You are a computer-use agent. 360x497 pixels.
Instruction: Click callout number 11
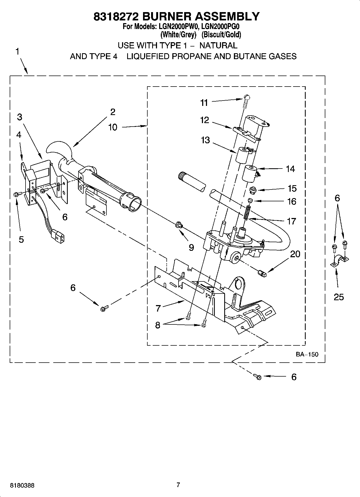pos(204,103)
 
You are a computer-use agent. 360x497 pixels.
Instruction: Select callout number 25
pos(338,297)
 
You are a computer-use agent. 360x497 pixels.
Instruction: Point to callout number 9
pos(191,247)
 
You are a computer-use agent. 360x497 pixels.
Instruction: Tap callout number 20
pos(295,254)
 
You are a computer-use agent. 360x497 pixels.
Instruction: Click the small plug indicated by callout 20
pos(262,274)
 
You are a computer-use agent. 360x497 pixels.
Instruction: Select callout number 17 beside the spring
pos(291,221)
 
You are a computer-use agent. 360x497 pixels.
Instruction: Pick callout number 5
pos(21,239)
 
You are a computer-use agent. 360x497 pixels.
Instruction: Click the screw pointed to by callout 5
pos(16,194)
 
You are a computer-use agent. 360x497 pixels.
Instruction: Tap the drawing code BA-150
pos(307,354)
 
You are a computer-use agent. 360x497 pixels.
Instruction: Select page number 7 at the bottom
pos(178,485)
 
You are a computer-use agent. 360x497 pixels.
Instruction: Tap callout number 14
pos(290,169)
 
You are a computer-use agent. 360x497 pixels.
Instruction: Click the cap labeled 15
pos(252,190)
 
